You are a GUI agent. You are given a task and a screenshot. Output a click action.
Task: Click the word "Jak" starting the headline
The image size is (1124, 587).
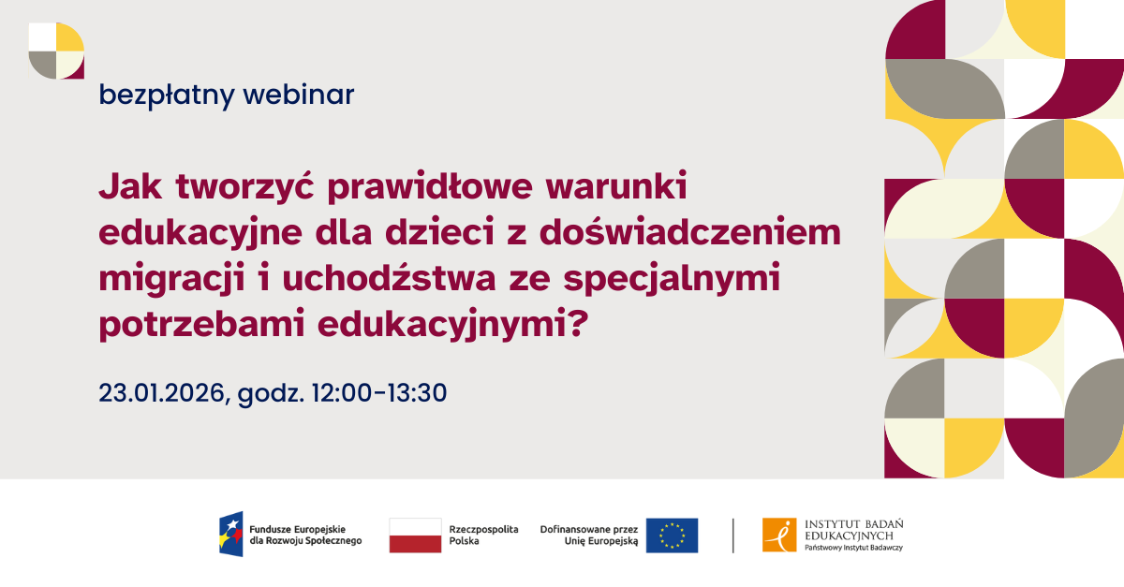pyautogui.click(x=126, y=187)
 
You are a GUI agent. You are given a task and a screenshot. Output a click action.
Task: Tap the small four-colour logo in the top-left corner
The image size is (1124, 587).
pyautogui.click(x=56, y=51)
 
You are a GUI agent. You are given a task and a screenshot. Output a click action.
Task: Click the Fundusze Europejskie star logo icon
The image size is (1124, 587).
pyautogui.click(x=231, y=535)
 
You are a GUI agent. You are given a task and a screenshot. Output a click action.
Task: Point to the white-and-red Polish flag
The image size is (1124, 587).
pyautogui.click(x=415, y=535)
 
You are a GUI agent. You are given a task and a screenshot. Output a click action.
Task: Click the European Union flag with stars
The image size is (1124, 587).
pyautogui.click(x=672, y=535)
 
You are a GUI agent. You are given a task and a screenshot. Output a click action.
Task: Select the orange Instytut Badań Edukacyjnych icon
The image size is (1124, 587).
pyautogui.click(x=778, y=535)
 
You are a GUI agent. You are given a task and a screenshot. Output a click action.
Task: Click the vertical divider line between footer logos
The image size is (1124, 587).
pyautogui.click(x=733, y=535)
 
